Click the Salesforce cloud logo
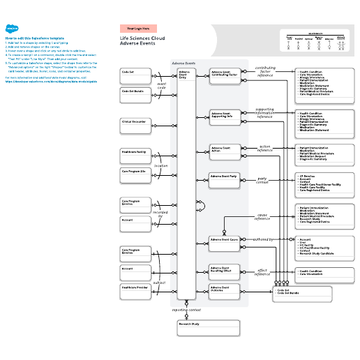coord(13,30)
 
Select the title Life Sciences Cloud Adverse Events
coord(142,40)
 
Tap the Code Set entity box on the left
coord(136,74)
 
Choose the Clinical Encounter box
coord(136,125)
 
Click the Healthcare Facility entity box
coord(136,155)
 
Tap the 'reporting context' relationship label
coord(186,308)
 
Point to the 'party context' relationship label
coord(262,180)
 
